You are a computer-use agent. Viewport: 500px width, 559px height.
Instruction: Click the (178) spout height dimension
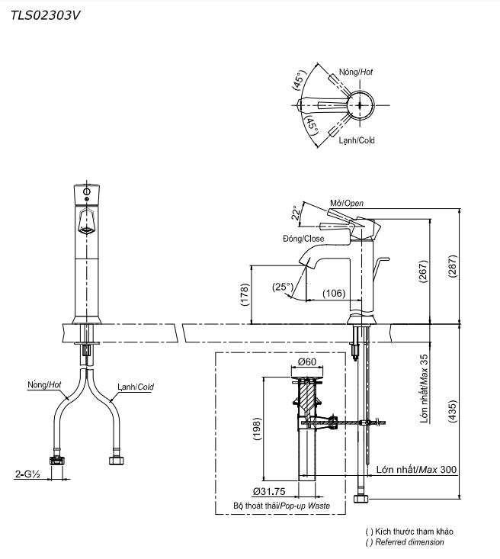pos(245,294)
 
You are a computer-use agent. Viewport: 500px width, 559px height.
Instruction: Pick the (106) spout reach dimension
pos(333,294)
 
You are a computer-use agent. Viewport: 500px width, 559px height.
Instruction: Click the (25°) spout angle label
pos(283,287)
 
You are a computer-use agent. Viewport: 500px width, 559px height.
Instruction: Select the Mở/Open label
pos(347,203)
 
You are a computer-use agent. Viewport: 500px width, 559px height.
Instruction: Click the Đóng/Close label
pos(303,239)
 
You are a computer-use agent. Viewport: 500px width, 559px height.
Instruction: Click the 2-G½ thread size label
pos(27,474)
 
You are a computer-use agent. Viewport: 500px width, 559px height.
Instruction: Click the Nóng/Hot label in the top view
pos(356,72)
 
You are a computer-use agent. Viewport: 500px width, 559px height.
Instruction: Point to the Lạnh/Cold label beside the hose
pos(135,387)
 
